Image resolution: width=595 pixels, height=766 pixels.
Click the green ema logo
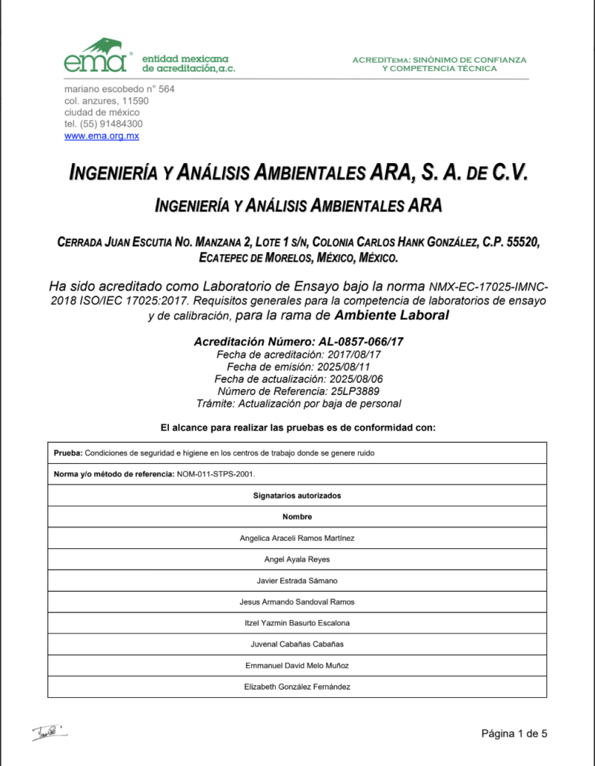[x=95, y=57]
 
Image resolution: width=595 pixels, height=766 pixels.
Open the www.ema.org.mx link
[x=102, y=136]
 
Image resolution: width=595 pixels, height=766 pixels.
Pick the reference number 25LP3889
[x=354, y=391]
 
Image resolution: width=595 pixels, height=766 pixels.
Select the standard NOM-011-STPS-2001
[x=221, y=474]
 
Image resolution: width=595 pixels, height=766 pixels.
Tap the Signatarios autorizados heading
[x=297, y=495]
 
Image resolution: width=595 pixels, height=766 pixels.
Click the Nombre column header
[x=297, y=517]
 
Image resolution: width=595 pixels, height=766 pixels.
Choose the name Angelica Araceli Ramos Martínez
[x=297, y=538]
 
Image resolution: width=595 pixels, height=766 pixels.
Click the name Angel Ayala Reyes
[x=297, y=560]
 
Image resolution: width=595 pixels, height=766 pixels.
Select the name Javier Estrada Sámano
[x=297, y=580]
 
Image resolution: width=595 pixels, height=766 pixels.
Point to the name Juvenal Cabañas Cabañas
[x=297, y=644]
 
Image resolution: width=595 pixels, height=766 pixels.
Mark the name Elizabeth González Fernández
[x=297, y=687]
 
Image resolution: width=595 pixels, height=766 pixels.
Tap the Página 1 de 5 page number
[x=514, y=734]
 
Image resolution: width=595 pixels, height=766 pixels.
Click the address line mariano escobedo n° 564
[x=119, y=89]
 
